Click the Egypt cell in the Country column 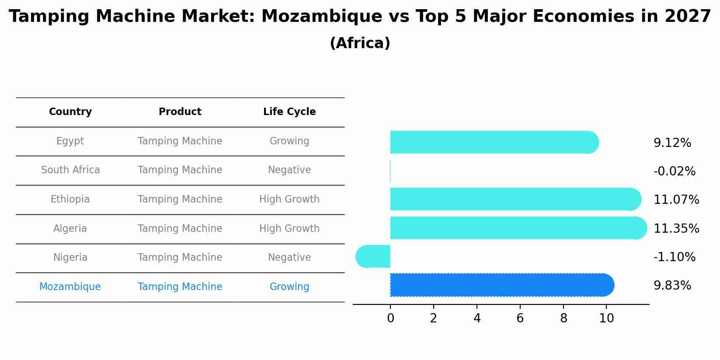70,141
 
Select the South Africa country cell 70,170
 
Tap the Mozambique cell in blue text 70,287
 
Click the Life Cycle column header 289,112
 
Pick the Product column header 180,112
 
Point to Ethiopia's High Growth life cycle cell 289,199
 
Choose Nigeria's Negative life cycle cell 289,258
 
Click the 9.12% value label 672,143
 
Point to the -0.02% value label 674,171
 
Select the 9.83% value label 672,286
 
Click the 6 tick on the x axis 520,318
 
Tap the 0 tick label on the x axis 390,318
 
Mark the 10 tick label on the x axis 606,318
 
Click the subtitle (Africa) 360,43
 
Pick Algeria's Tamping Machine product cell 180,229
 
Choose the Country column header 70,112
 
